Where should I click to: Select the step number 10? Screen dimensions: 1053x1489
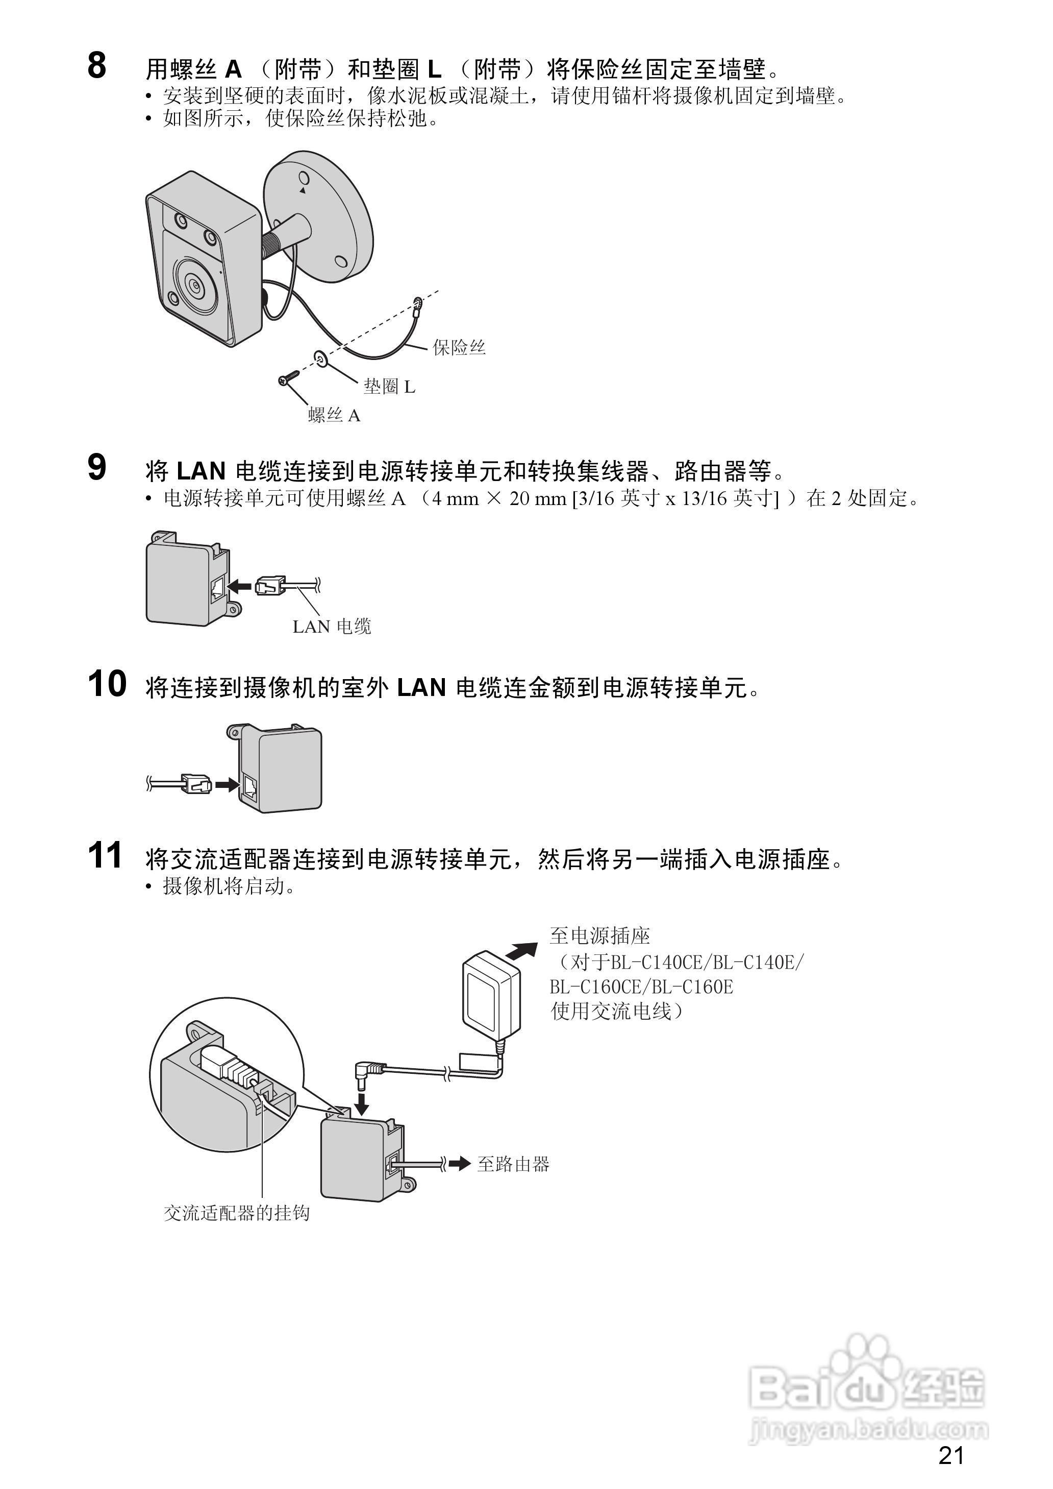click(x=107, y=684)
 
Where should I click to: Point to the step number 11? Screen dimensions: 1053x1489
click(x=105, y=855)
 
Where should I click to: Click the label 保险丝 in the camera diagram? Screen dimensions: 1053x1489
click(x=459, y=348)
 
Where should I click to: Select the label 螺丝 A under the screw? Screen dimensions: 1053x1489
click(x=334, y=415)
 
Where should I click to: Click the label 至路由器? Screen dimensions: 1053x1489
click(x=513, y=1164)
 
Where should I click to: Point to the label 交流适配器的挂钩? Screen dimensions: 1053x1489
click(x=237, y=1213)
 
